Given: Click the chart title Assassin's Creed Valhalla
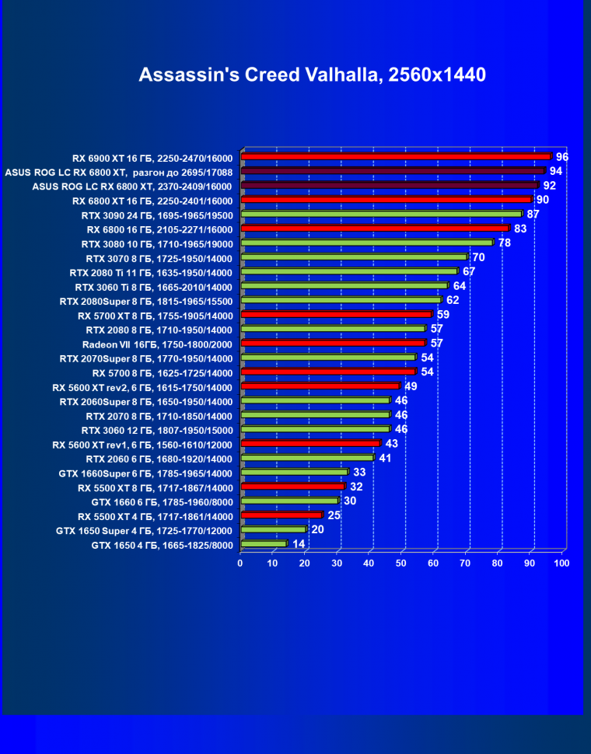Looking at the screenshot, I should click(x=312, y=75).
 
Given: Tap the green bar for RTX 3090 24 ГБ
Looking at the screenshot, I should click(x=381, y=215).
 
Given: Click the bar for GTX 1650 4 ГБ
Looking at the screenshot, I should click(x=264, y=544).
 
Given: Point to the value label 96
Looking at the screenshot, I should click(x=562, y=157).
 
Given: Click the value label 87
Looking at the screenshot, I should click(x=533, y=214).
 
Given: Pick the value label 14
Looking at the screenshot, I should click(x=299, y=544).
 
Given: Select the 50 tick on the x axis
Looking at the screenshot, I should click(x=401, y=563).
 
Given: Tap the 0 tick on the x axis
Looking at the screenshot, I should click(x=241, y=563).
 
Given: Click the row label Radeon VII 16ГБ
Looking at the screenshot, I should click(x=157, y=344).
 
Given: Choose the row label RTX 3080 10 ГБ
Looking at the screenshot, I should click(x=157, y=243).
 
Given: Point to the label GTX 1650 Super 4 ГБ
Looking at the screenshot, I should click(x=145, y=530).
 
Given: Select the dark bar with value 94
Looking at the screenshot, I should click(x=392, y=171).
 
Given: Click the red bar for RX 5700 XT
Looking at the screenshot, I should click(x=336, y=315).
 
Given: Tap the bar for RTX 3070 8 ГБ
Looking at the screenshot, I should click(x=354, y=257).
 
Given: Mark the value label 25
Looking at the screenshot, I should click(x=334, y=515).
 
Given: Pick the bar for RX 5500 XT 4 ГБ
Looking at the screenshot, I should click(x=282, y=515).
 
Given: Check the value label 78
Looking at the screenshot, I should click(x=505, y=243).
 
